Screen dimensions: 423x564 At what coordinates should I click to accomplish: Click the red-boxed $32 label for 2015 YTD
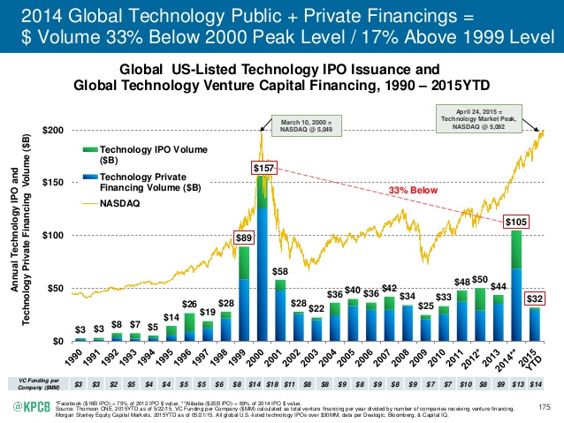(534, 298)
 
